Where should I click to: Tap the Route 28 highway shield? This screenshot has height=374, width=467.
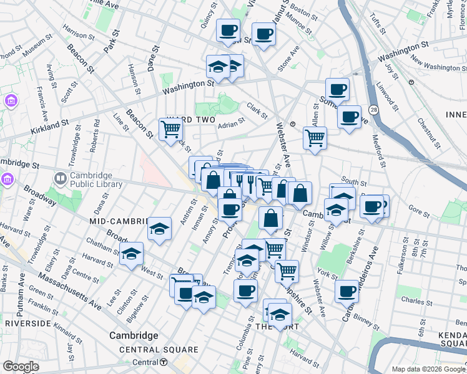(x=373, y=110)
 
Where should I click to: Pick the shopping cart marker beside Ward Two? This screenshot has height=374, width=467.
(x=170, y=130)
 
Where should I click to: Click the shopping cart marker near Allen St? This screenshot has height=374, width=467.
(x=315, y=138)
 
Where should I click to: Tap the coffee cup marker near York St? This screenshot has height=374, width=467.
(x=347, y=290)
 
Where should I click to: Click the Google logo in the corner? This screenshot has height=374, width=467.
(x=21, y=367)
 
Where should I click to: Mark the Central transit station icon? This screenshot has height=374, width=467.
(x=163, y=362)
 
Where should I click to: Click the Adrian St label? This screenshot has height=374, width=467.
(x=231, y=125)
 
